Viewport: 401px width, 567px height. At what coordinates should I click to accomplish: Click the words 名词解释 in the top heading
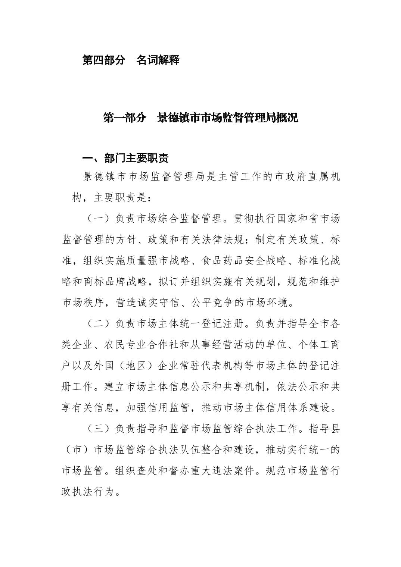158,60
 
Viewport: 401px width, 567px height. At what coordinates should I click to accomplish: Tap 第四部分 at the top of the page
103,60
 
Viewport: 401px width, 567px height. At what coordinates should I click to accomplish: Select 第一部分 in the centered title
124,118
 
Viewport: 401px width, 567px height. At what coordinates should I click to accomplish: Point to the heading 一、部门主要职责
125,158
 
